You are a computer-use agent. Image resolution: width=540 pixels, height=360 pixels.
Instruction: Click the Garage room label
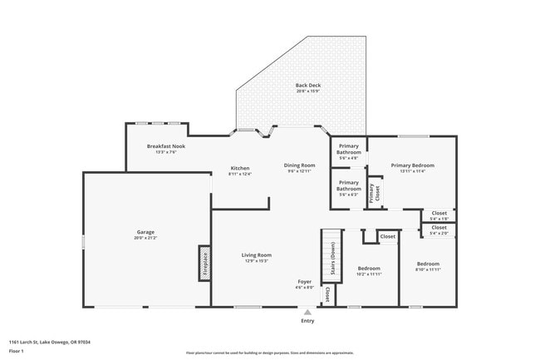point(145,232)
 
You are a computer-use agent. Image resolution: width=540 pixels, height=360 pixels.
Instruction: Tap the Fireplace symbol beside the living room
point(204,263)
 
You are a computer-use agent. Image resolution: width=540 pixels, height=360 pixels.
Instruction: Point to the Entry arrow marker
point(307,313)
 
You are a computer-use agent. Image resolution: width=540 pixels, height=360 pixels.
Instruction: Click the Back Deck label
point(307,86)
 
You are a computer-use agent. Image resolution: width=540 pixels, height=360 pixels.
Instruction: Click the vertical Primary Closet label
point(376,193)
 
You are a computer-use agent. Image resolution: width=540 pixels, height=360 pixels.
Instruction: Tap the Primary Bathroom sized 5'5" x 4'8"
point(349,150)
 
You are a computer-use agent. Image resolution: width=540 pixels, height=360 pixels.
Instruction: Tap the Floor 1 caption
point(17,351)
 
